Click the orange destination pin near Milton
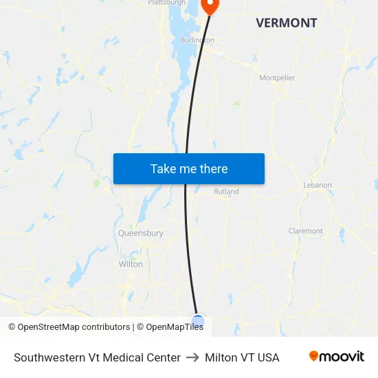pyautogui.click(x=209, y=5)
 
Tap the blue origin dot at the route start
pyautogui.click(x=198, y=321)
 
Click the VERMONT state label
pyautogui.click(x=286, y=23)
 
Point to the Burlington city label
pyautogui.click(x=197, y=40)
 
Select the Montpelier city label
pyautogui.click(x=277, y=78)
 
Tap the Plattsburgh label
pyautogui.click(x=167, y=3)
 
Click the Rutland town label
pyautogui.click(x=226, y=192)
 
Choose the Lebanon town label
pyautogui.click(x=318, y=185)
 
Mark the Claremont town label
pyautogui.click(x=306, y=231)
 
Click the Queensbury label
pyautogui.click(x=141, y=233)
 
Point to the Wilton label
pyautogui.click(x=131, y=264)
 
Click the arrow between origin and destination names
pyautogui.click(x=192, y=357)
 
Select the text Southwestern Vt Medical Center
pyautogui.click(x=97, y=357)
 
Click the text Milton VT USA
pyautogui.click(x=242, y=357)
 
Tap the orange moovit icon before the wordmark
pyautogui.click(x=314, y=356)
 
